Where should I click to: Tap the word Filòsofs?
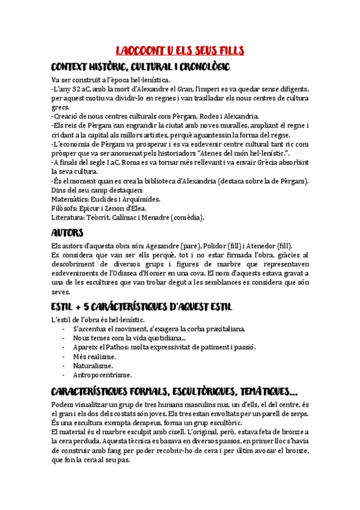pos(65,208)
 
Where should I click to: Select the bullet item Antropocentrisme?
pos(102,375)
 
